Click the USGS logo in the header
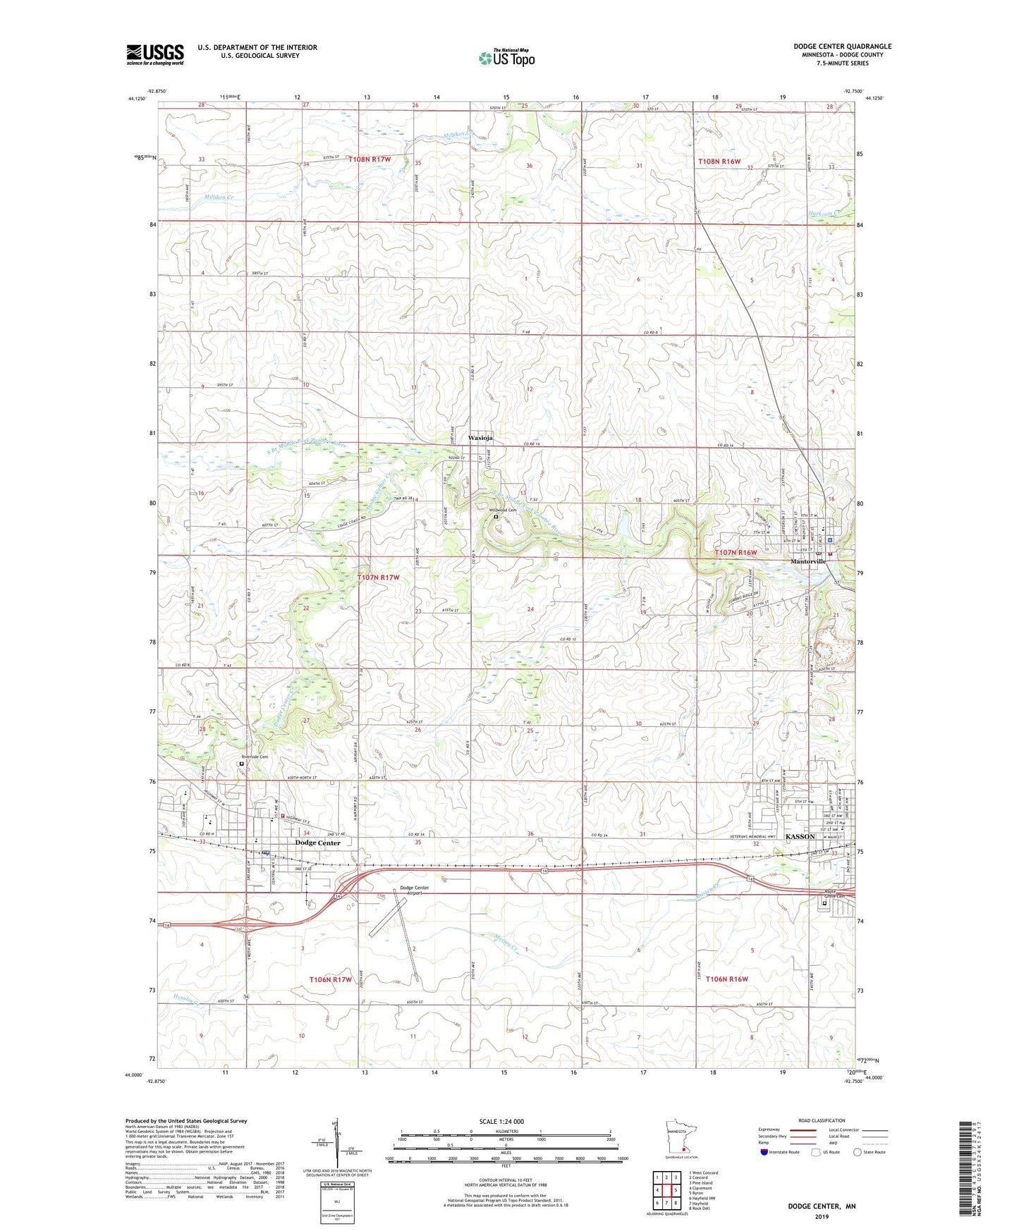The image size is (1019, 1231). coord(155,54)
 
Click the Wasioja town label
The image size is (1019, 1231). coord(480,438)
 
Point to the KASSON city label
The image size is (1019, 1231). coord(800,836)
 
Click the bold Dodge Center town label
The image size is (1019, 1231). coord(318,843)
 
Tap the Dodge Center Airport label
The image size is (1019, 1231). coord(414,890)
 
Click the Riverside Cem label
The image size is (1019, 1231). coord(254,757)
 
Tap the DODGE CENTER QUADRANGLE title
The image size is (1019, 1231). coord(842,47)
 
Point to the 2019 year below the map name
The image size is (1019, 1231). coord(822,1217)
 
